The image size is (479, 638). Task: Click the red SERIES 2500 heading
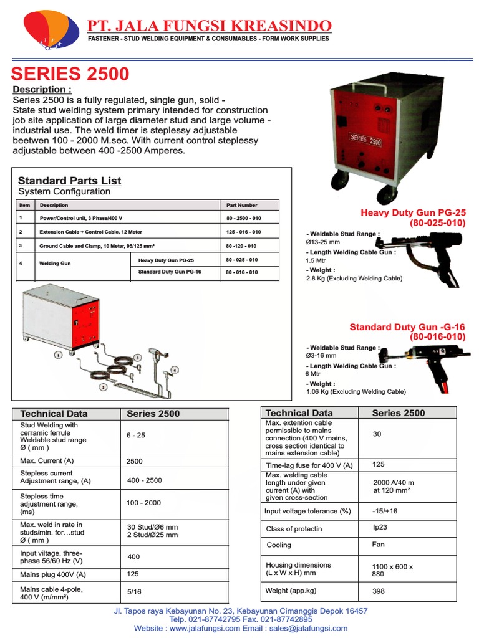[x=70, y=74]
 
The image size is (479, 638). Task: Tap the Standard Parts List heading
[x=69, y=181]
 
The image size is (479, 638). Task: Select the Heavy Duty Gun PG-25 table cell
[x=166, y=260]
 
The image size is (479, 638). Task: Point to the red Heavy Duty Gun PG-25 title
[x=413, y=212]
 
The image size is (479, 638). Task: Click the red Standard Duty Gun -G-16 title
[x=407, y=327]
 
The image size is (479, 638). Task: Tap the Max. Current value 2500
[x=135, y=462]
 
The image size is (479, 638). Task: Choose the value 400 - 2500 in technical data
[x=144, y=480]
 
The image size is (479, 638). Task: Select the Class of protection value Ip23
[x=380, y=527]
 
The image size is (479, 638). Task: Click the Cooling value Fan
[x=378, y=544]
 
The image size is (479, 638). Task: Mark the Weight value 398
[x=379, y=591]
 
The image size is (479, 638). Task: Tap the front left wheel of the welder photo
[x=340, y=181]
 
